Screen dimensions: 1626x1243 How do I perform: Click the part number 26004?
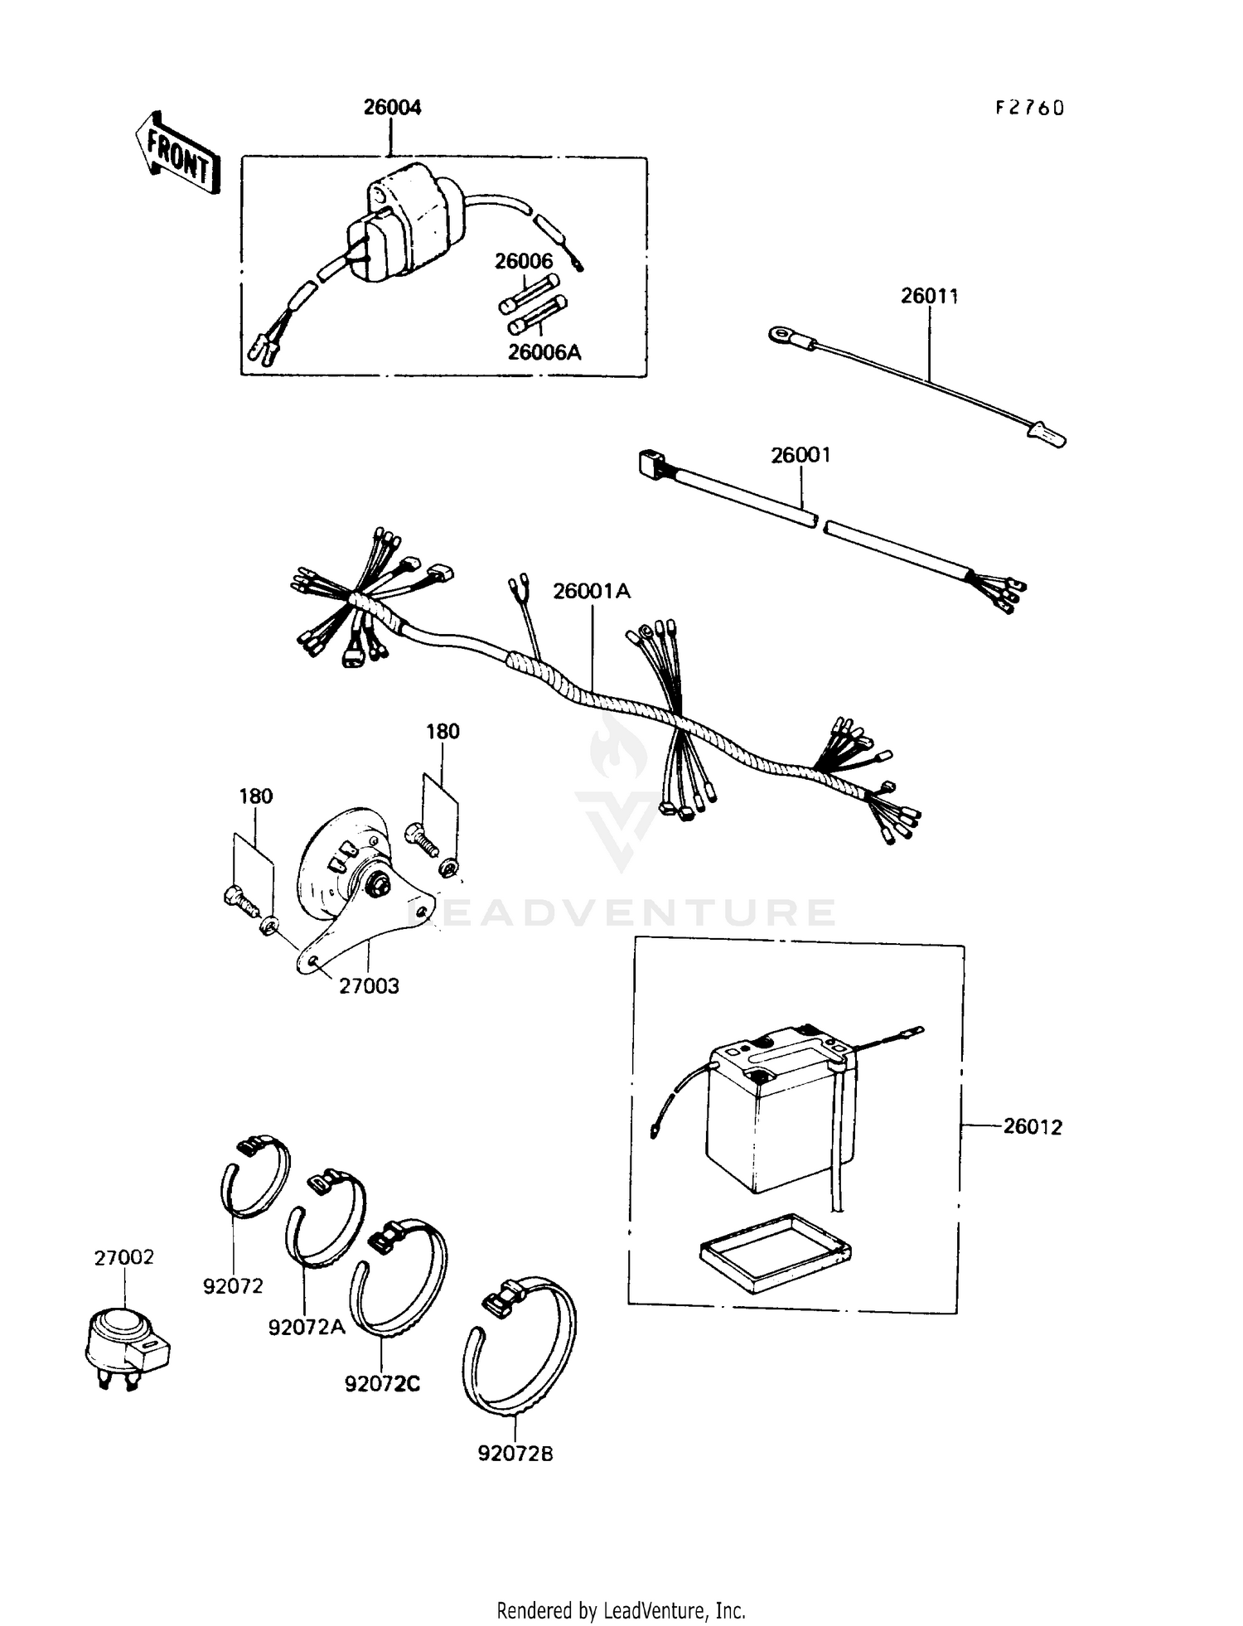[392, 108]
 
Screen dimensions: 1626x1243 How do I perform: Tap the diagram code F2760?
[1030, 109]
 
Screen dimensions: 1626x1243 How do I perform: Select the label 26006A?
[544, 352]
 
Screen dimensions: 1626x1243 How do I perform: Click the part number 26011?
[929, 296]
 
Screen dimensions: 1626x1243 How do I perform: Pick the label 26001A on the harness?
[592, 591]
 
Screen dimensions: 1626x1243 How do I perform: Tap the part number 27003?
[369, 986]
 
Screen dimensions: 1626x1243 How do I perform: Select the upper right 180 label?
[443, 732]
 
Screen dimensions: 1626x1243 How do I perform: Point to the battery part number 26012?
[1032, 1127]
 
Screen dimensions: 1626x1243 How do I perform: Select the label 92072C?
[382, 1384]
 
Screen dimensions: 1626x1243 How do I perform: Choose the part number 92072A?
[306, 1327]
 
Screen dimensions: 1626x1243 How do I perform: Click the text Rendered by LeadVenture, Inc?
[621, 1610]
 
